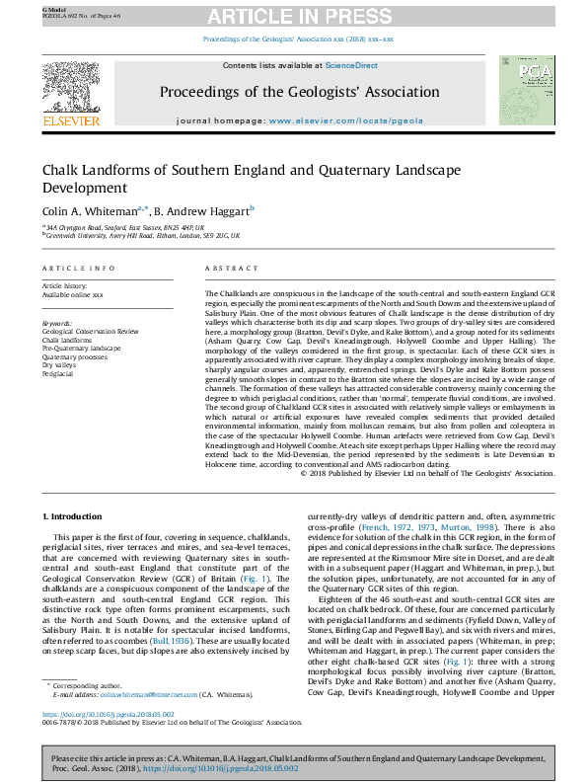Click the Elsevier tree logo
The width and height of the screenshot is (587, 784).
click(70, 90)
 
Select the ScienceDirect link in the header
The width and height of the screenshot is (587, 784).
click(352, 65)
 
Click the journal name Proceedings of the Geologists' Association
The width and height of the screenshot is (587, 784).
click(300, 92)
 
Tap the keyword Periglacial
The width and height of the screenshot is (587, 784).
click(60, 374)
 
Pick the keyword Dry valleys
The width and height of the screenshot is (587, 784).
click(60, 365)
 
